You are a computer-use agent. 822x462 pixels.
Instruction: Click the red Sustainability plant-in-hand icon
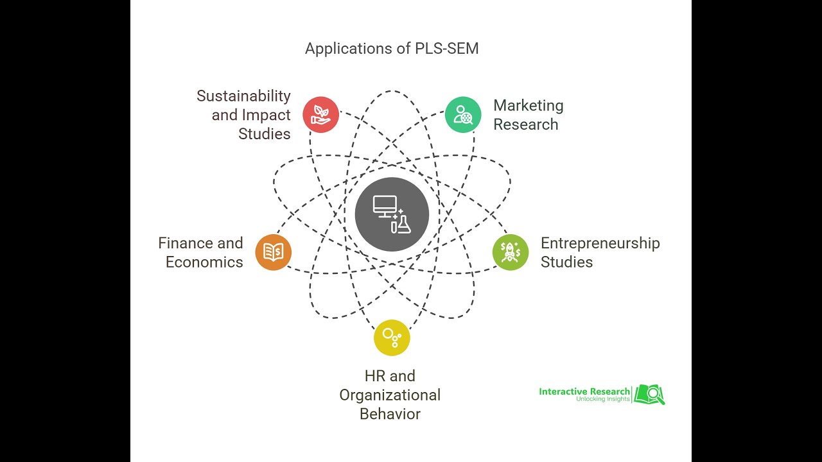[x=320, y=115]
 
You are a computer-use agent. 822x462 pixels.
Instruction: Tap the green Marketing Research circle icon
[x=463, y=115]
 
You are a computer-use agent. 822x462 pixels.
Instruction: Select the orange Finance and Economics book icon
[x=274, y=252]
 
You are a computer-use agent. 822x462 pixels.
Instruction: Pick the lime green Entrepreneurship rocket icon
[x=511, y=252]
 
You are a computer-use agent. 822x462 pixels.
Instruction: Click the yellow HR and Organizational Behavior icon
[x=392, y=338]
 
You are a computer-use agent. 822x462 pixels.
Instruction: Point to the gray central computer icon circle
[x=392, y=214]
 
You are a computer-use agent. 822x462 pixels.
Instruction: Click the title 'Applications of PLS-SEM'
[x=392, y=49]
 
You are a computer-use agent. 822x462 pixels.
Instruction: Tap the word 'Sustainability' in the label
[x=243, y=96]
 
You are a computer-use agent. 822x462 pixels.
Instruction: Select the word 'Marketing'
[x=528, y=106]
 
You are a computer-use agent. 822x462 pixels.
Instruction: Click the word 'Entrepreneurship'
[x=600, y=243]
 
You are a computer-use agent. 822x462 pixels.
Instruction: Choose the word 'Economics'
[x=204, y=262]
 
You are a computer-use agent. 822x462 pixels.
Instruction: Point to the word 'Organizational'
[x=390, y=395]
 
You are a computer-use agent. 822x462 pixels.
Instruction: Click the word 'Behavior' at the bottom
[x=390, y=414]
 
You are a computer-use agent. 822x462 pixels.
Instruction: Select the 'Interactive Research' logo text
[x=584, y=391]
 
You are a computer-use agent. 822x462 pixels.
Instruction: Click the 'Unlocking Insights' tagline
[x=603, y=400]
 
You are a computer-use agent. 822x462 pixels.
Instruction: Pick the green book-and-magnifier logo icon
[x=649, y=394]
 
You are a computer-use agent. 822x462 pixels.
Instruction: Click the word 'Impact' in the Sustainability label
[x=266, y=116]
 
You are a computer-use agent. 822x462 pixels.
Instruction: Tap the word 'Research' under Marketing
[x=525, y=124]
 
